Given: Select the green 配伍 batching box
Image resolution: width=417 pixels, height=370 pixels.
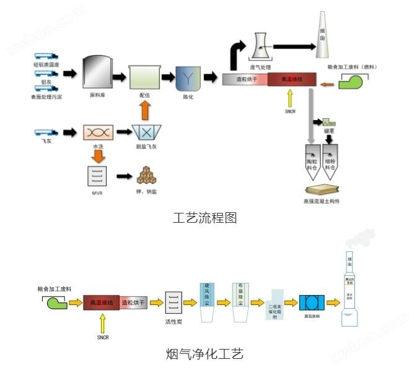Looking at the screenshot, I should point(144,77).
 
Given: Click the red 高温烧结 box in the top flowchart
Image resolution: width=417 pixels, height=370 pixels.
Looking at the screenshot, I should point(292,79).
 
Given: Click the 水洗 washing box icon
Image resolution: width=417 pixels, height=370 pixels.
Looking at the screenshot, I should point(98,132).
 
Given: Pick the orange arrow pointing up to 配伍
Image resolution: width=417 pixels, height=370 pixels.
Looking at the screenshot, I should point(144,110).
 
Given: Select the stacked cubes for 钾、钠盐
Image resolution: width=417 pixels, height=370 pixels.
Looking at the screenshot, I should point(146,176).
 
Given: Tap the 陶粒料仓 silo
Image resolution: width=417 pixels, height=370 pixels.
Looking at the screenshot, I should point(312,160).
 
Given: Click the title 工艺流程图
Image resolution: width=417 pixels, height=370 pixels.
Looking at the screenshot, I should point(205,218).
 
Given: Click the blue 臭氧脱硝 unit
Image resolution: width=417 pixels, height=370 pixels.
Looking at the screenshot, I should point(311,303).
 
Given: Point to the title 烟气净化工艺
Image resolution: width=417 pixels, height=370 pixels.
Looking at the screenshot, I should point(204,354).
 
